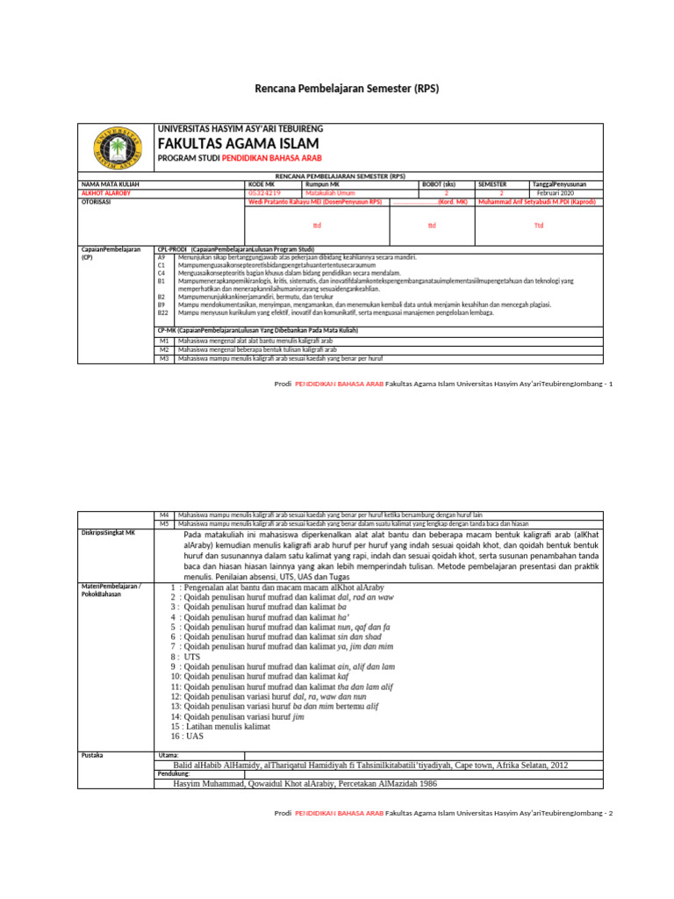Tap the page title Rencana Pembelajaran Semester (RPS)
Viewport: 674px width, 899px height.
click(x=347, y=89)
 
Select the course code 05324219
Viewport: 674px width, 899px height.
click(x=265, y=192)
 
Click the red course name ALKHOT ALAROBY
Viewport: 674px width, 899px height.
click(x=106, y=192)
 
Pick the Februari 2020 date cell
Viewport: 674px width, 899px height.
click(x=555, y=192)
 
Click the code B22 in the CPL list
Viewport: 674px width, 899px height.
click(x=162, y=313)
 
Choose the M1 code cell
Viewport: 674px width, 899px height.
click(x=163, y=340)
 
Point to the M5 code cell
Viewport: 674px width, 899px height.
click(x=163, y=523)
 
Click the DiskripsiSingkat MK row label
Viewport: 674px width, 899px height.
click(x=108, y=533)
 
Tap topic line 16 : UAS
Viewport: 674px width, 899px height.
click(x=188, y=737)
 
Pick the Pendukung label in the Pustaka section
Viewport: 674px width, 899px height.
click(x=174, y=773)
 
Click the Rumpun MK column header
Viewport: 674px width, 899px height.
click(x=322, y=184)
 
